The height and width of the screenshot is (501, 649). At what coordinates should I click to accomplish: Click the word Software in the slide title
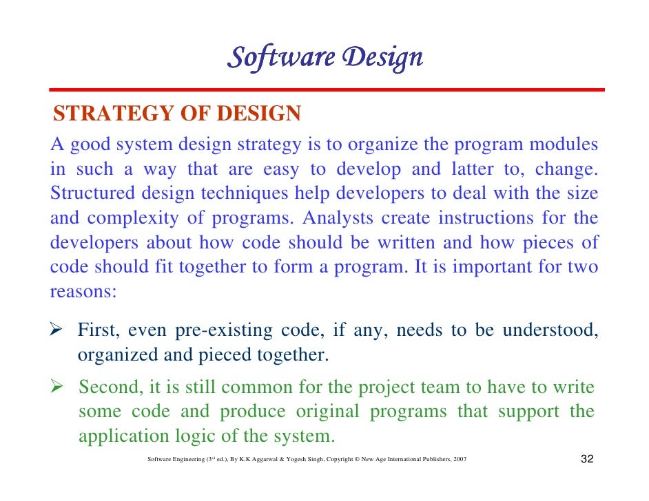279,58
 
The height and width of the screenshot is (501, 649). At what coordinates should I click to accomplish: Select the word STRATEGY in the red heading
101,114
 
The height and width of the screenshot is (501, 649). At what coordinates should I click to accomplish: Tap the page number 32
586,459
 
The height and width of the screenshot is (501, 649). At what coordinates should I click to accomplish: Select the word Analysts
337,218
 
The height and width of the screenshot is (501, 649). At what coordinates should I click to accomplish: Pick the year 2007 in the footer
459,460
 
